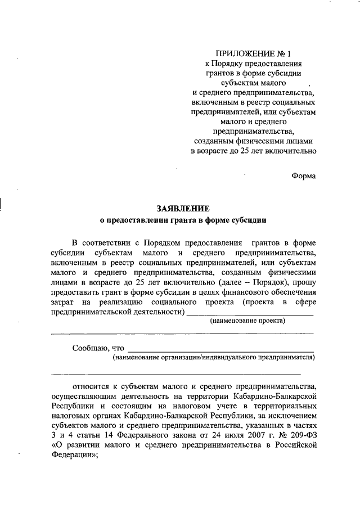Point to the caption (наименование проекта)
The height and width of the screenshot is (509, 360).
point(248,321)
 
